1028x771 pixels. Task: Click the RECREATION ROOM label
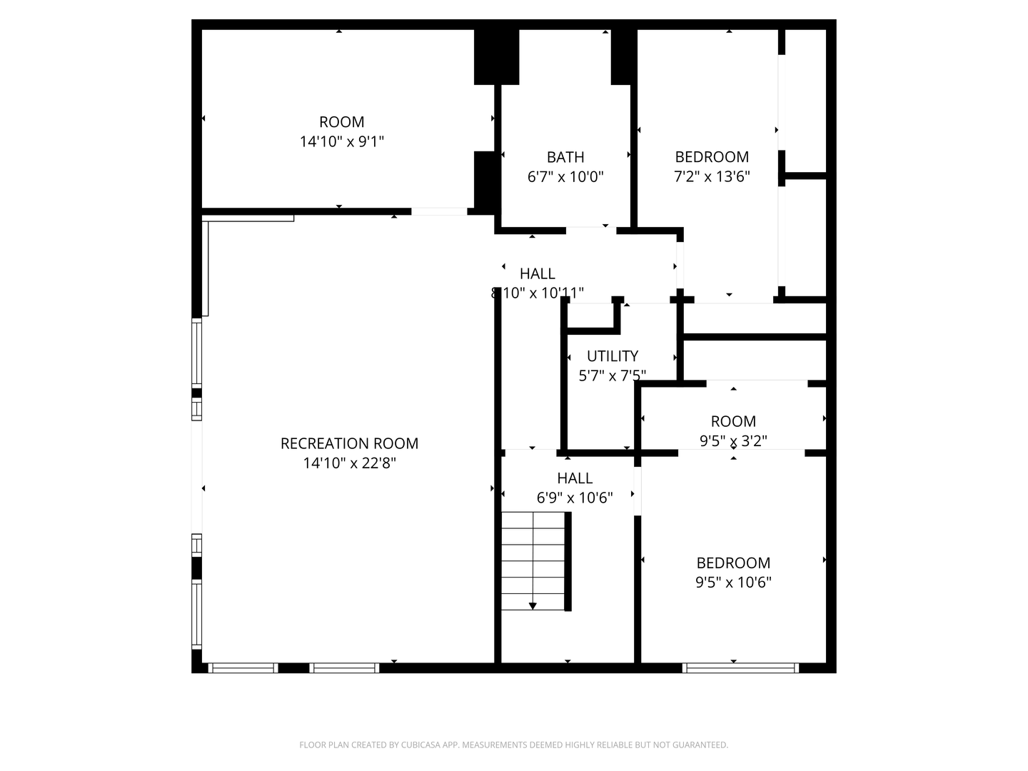click(349, 443)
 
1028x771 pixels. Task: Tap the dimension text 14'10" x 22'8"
click(349, 463)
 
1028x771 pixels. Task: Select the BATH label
click(565, 157)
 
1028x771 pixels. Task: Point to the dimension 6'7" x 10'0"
click(565, 177)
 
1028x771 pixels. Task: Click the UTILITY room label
click(613, 356)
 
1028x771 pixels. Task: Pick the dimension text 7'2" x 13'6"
click(712, 177)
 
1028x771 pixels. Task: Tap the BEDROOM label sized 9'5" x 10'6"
click(733, 563)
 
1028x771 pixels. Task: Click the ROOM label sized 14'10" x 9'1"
click(341, 122)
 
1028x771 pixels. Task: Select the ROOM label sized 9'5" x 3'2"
click(733, 421)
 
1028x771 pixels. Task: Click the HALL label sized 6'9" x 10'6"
click(575, 478)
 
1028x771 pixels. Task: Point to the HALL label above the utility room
click(537, 273)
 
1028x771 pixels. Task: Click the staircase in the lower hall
click(533, 561)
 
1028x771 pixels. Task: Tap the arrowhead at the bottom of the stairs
click(533, 606)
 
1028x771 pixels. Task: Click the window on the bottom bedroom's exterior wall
click(740, 668)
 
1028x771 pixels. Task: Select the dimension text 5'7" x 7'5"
click(613, 376)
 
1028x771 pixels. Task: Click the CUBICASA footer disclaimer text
click(513, 745)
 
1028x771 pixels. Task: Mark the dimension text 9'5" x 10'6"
click(733, 583)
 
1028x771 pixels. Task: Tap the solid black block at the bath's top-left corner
click(496, 56)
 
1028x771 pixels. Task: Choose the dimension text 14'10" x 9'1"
click(341, 142)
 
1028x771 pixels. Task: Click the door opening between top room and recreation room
click(439, 211)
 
